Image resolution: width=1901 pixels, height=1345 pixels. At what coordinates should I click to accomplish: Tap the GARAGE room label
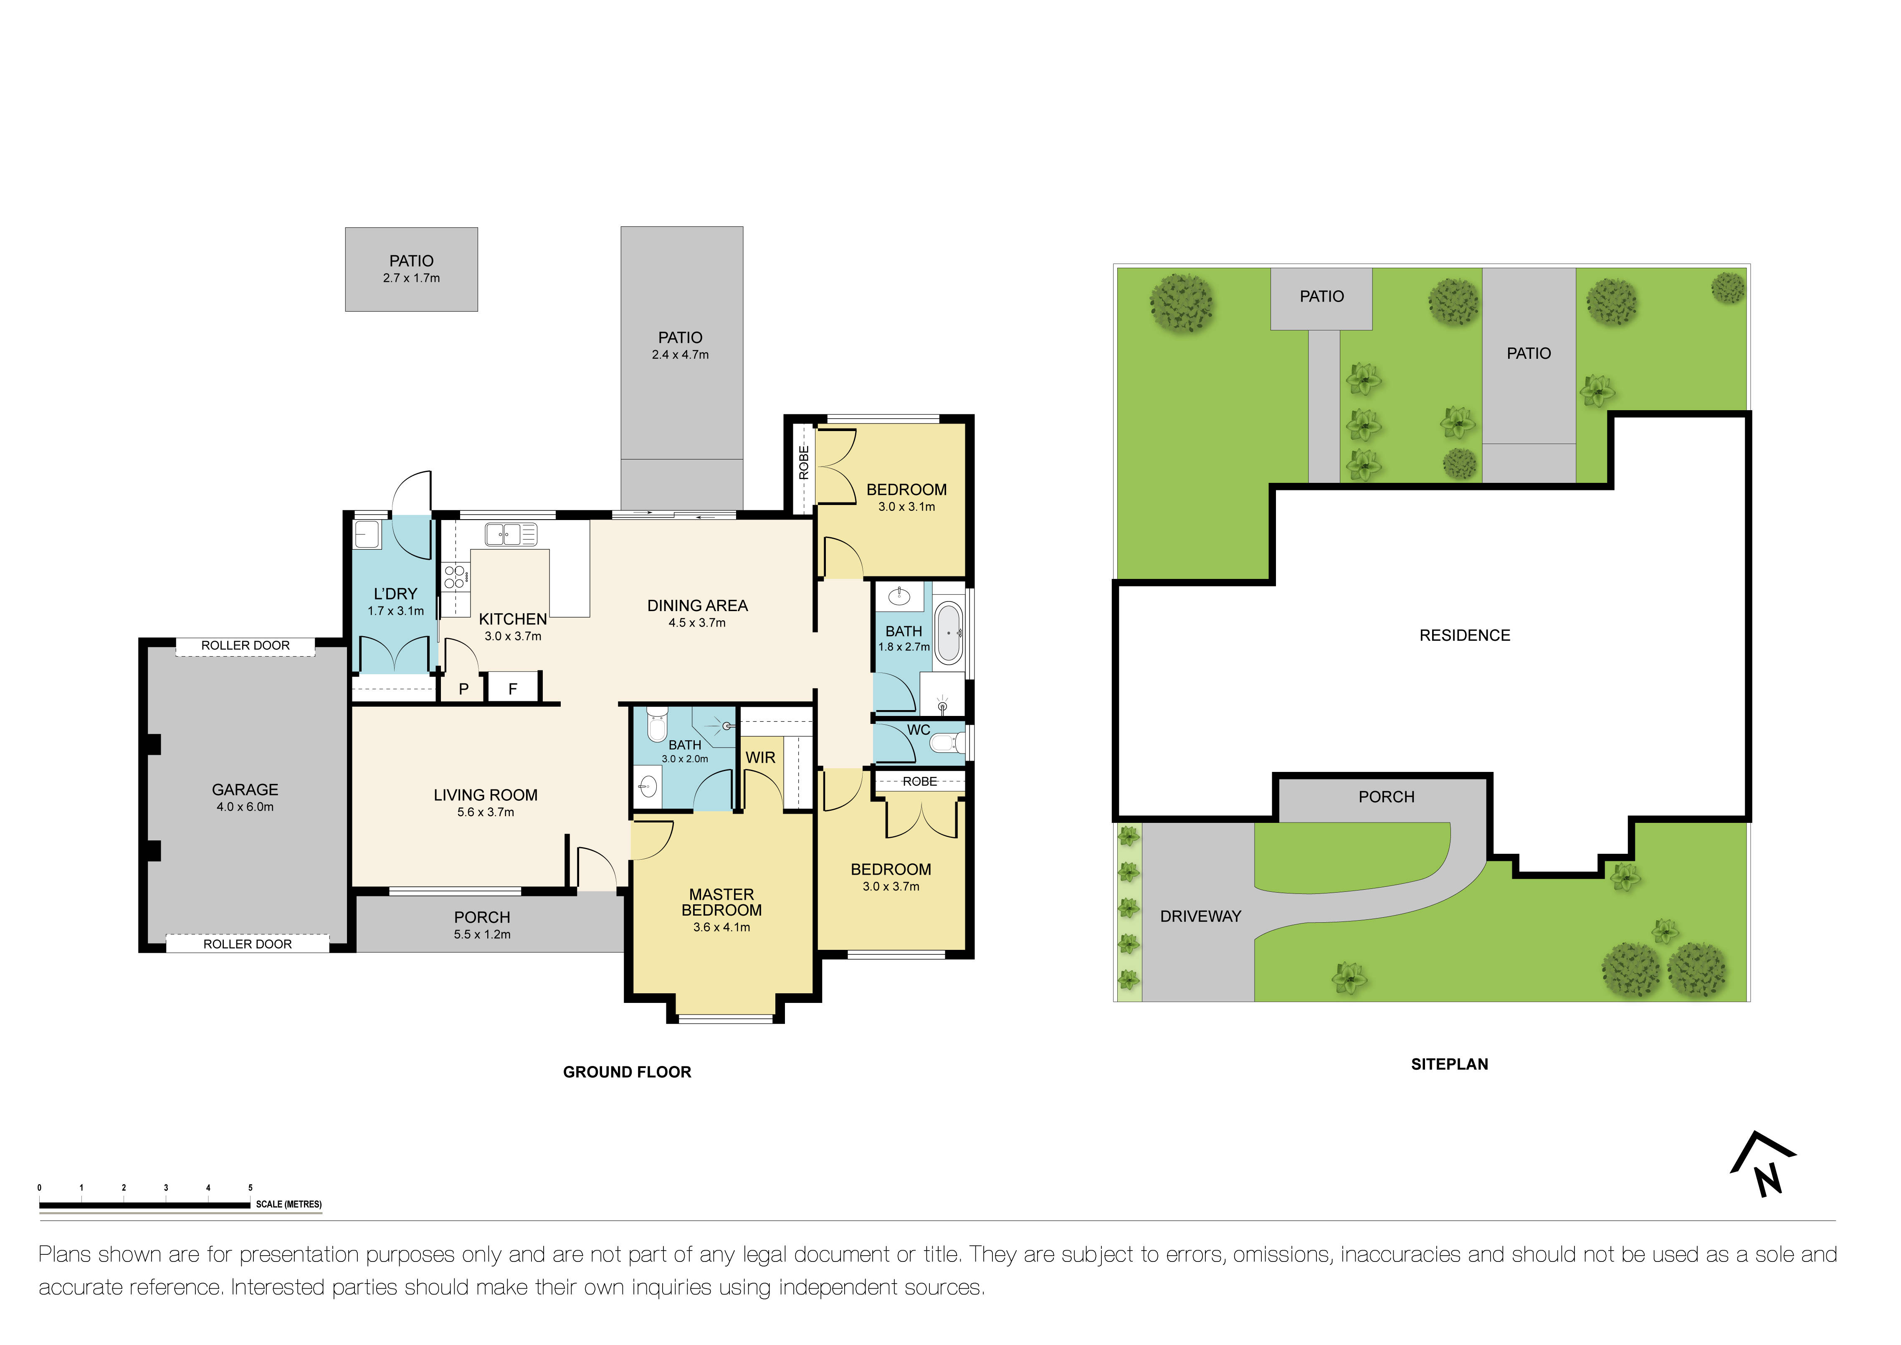pyautogui.click(x=245, y=790)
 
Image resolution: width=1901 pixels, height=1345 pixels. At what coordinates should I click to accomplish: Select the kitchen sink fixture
pyautogui.click(x=511, y=534)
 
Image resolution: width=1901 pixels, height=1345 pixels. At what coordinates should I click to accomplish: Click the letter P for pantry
pyautogui.click(x=463, y=689)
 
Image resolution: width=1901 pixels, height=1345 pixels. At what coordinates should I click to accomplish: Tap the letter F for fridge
pyautogui.click(x=512, y=689)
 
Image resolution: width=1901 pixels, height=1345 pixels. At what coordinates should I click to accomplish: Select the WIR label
pyautogui.click(x=760, y=758)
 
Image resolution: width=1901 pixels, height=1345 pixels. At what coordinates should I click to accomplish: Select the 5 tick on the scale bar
pyautogui.click(x=250, y=1188)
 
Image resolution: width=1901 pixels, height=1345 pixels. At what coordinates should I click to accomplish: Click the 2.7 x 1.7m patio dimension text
pyautogui.click(x=412, y=278)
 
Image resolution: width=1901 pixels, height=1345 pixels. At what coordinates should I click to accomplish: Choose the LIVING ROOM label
pyautogui.click(x=486, y=795)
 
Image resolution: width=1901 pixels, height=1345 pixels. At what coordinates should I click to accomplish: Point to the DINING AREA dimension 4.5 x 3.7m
pyautogui.click(x=697, y=623)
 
